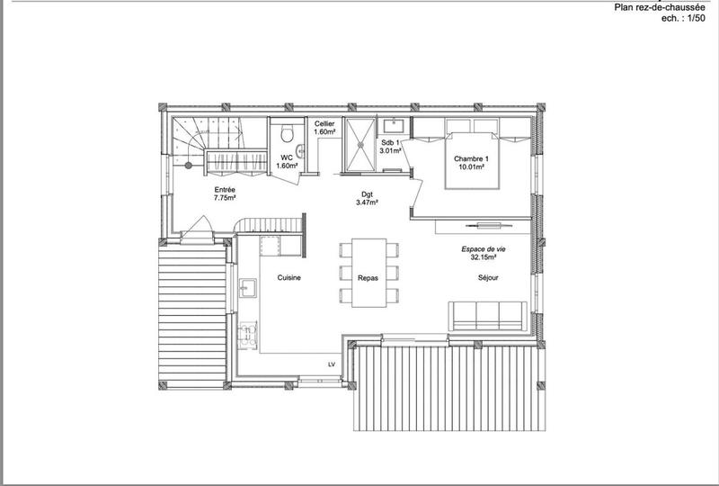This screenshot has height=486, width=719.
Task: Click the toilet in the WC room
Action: (x=286, y=134)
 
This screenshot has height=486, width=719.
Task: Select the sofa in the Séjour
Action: (x=486, y=315)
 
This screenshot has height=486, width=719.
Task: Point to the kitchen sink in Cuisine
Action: (x=249, y=288)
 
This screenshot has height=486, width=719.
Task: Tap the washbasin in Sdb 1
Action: (x=393, y=126)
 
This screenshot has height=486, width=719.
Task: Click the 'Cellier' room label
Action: (x=324, y=124)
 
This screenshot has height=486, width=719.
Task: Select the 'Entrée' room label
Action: (x=225, y=190)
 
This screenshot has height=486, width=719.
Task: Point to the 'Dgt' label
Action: (x=366, y=194)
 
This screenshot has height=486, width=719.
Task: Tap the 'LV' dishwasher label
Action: (x=332, y=364)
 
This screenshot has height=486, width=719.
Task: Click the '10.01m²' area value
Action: (x=470, y=166)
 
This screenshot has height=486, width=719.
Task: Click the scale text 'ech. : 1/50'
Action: (x=684, y=18)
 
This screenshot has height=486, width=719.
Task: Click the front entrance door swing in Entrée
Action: (x=199, y=225)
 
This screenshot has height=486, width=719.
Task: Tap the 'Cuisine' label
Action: (x=288, y=278)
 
